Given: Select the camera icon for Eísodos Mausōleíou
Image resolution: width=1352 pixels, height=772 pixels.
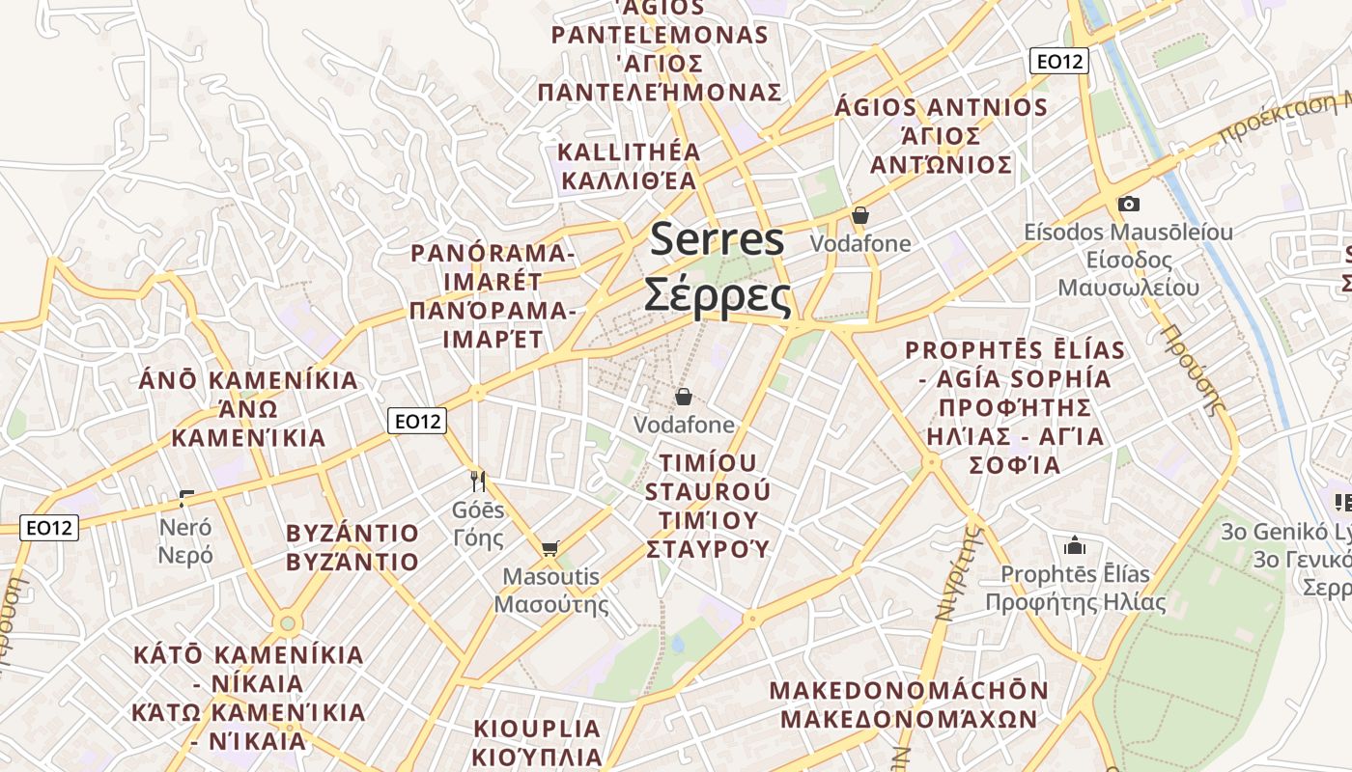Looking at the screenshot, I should click(1128, 204).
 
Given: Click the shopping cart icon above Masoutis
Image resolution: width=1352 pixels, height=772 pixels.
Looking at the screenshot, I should click(549, 548).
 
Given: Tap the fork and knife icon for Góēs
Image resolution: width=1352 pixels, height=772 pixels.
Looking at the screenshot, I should click(477, 480).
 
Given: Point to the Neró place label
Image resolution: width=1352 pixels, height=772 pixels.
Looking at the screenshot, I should click(185, 528).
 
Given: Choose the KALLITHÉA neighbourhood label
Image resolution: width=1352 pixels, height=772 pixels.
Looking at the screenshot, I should click(629, 152).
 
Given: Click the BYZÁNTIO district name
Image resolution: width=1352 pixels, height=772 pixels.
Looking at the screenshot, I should click(352, 534).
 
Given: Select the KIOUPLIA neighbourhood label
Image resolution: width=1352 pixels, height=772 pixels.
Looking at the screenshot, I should click(537, 729).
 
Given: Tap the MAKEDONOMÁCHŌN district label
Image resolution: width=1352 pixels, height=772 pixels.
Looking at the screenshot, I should click(909, 691).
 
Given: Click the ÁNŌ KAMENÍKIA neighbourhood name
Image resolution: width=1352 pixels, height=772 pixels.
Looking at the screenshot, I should click(248, 380).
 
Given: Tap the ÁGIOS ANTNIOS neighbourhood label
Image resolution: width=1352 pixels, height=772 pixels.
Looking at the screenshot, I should click(942, 107).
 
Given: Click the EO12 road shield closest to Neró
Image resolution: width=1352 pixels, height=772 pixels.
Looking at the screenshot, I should click(49, 528).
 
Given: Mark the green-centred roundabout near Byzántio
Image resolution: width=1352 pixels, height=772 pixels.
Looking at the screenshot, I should click(286, 623).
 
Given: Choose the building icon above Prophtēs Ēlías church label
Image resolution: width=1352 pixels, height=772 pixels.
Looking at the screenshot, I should click(1075, 545).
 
